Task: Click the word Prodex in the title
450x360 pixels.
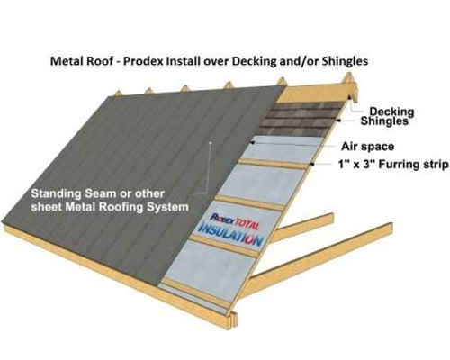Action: [x=143, y=61]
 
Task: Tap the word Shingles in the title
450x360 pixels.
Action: [x=345, y=61]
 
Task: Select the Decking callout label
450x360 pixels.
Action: [x=391, y=112]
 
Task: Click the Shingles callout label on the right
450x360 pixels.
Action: [x=384, y=121]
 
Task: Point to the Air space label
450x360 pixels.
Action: [x=367, y=147]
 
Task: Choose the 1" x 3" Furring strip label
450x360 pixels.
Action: [x=393, y=165]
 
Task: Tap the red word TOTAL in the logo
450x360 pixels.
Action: [x=246, y=224]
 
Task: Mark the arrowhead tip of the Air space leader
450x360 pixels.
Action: [x=251, y=142]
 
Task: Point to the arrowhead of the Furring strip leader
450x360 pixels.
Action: [x=311, y=164]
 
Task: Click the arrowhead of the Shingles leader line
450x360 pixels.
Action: [x=337, y=121]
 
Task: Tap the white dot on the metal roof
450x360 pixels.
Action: [x=211, y=142]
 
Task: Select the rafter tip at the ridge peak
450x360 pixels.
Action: [x=348, y=75]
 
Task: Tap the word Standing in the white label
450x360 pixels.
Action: [x=57, y=194]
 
